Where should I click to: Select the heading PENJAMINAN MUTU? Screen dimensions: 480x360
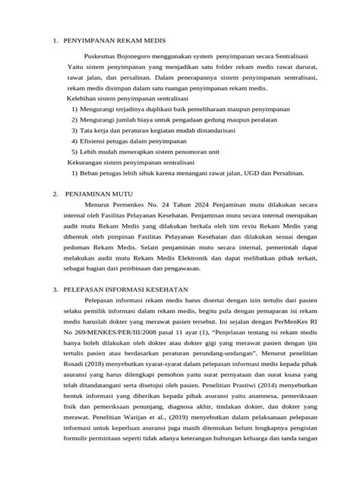(x=99, y=194)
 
